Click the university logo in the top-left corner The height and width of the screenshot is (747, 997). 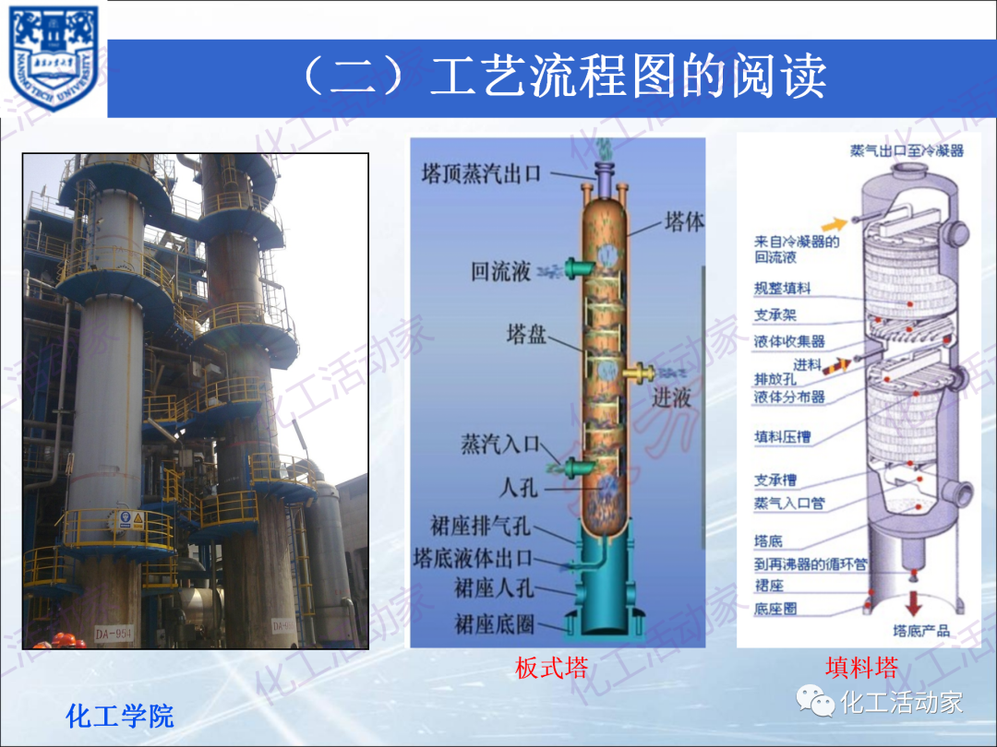coord(54,57)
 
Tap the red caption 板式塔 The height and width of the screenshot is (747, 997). coord(551,668)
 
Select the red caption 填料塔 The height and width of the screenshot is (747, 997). coord(861,668)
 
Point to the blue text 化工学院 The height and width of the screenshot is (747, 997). coord(120,716)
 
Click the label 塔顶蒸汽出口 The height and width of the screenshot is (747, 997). coord(494,173)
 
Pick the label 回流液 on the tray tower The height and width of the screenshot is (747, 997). coord(501,271)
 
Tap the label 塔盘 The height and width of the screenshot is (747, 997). coord(526,334)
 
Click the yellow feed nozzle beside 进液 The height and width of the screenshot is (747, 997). coord(637,373)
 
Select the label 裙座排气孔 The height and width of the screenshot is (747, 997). coord(480,526)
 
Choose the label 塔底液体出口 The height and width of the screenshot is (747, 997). coord(473,558)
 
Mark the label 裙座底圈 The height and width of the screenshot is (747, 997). coord(494,624)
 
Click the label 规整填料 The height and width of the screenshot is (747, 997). coord(782,290)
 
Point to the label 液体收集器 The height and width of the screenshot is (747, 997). coord(789,341)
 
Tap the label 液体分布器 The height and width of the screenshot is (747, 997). coord(789,397)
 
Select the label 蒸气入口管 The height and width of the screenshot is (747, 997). coord(789,504)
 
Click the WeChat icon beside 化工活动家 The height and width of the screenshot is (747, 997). coord(815,703)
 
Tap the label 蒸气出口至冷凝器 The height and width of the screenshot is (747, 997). coord(907,149)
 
